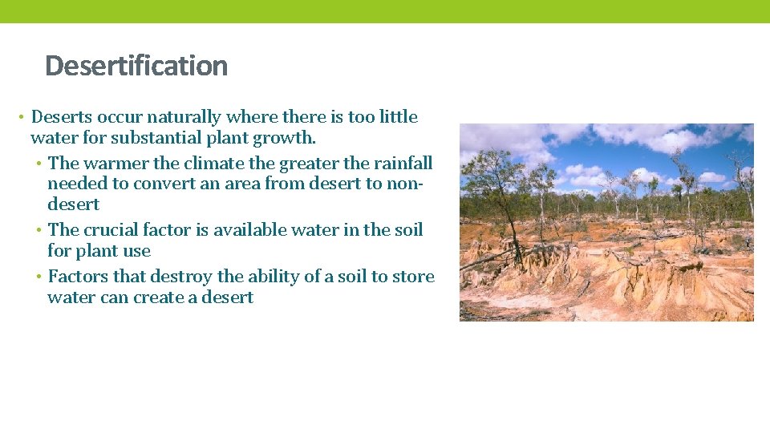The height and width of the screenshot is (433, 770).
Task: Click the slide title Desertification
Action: pos(136,65)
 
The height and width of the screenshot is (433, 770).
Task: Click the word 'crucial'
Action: pos(116,230)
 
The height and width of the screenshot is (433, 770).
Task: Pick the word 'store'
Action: pos(413,277)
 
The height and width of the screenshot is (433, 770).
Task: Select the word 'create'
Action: pos(167,297)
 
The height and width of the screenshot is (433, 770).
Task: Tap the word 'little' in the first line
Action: pos(399,117)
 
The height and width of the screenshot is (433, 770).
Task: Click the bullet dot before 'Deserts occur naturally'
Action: pos(19,118)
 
